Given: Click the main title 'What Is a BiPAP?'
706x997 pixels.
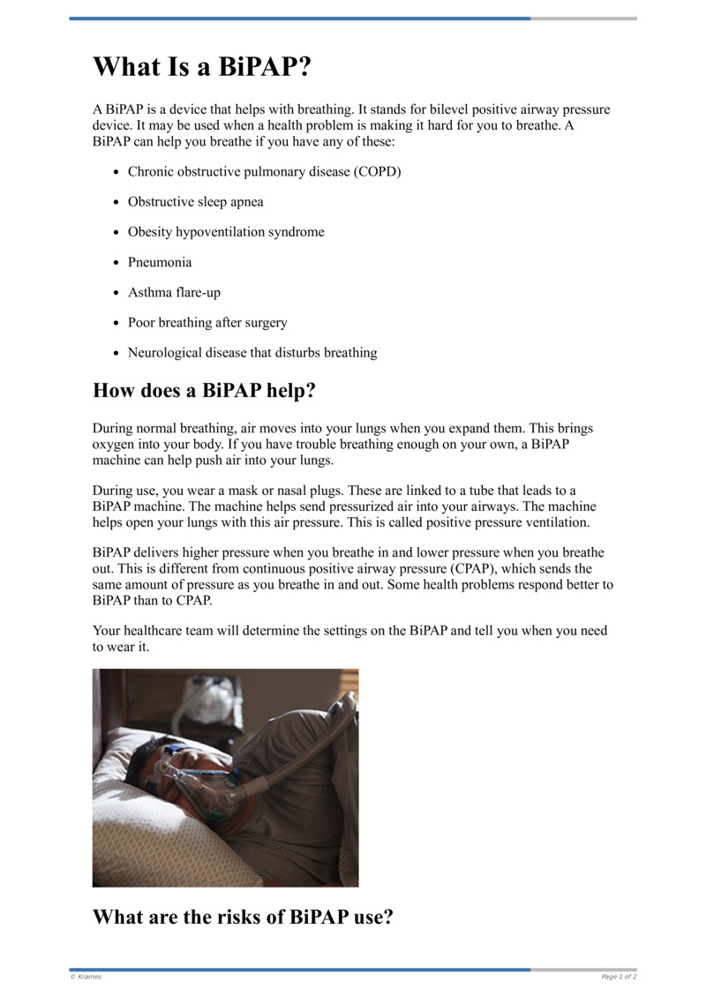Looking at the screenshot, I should tap(203, 67).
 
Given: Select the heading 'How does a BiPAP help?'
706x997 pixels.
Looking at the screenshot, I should tap(204, 390).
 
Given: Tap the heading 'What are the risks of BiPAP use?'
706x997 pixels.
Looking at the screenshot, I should tap(243, 917).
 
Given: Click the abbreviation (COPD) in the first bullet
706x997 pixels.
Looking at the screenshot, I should tap(378, 171).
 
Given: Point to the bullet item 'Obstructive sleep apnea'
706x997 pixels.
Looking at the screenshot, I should tap(195, 201).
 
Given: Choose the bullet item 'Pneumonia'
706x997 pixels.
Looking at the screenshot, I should tap(160, 262).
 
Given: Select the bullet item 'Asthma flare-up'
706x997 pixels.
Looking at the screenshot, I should tap(174, 292).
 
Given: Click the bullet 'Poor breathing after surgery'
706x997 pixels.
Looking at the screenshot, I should tap(207, 322).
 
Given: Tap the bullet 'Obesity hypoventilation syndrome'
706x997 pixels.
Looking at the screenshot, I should tap(226, 232).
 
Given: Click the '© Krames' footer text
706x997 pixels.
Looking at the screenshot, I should tap(86, 977).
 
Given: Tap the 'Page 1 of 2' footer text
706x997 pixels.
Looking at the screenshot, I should tap(619, 977).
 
